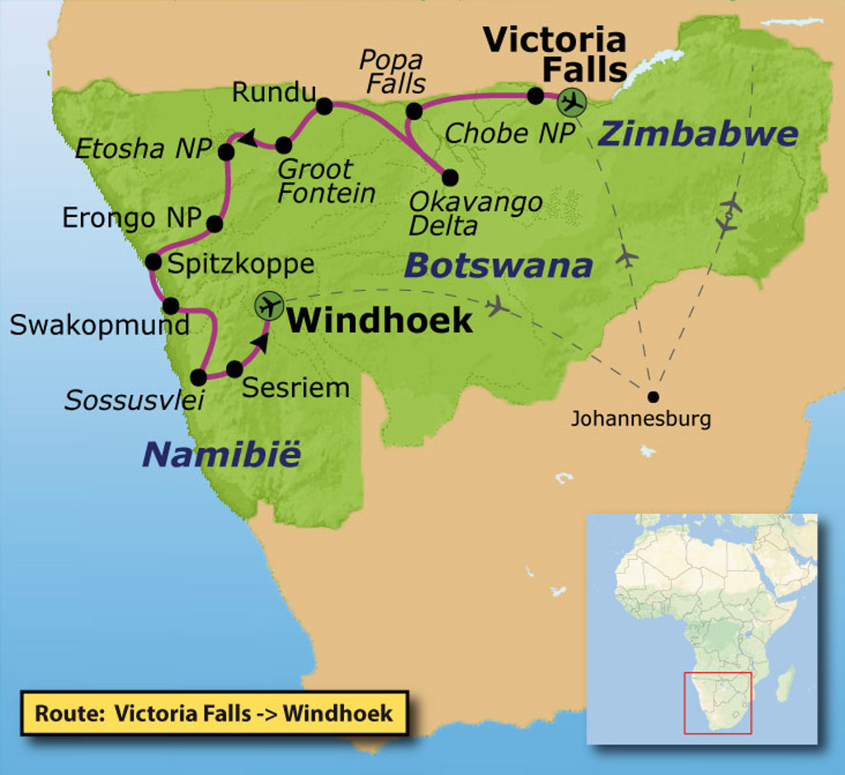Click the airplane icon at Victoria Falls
point(570,102)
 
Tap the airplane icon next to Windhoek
point(267,306)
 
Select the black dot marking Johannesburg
point(653,396)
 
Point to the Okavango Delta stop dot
point(450,177)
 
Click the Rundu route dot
point(323,106)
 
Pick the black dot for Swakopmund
point(171,306)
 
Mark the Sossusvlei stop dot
point(198,378)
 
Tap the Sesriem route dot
point(234,369)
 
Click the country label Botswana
point(498,265)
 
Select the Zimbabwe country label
point(698,134)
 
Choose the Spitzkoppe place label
point(240,264)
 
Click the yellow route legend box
point(214,713)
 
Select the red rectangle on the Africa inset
point(717,702)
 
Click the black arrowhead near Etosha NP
point(246,137)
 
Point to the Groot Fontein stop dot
point(283,145)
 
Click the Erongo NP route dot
point(214,223)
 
